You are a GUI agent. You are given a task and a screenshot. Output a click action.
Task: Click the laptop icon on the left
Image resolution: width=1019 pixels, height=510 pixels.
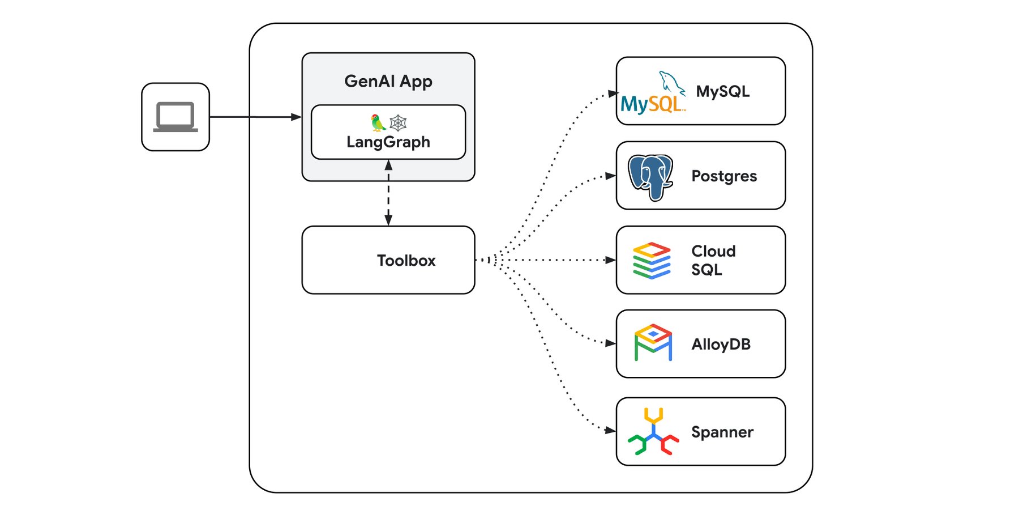[175, 117]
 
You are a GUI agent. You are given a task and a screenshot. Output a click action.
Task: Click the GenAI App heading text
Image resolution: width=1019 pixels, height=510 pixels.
[388, 81]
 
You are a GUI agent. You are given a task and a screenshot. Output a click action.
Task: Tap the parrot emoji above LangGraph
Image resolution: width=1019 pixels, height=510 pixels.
[378, 122]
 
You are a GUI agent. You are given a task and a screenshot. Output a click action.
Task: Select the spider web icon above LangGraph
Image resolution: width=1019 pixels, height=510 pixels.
[399, 122]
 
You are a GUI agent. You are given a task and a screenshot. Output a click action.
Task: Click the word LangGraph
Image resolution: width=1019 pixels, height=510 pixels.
[388, 142]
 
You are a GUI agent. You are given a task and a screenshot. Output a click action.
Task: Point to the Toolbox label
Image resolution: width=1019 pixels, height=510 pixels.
[406, 260]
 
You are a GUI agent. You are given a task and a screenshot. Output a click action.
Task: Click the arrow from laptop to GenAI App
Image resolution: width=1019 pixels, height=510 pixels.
[255, 117]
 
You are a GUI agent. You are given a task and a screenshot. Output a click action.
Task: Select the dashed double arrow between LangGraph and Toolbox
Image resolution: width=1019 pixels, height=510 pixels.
[388, 193]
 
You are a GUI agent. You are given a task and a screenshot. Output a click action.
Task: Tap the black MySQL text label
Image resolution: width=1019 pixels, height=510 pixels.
[722, 91]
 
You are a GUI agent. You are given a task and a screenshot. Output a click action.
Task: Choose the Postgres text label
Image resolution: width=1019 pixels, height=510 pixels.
[724, 176]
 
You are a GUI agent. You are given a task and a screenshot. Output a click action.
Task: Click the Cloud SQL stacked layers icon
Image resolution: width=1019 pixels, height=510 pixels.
[652, 261]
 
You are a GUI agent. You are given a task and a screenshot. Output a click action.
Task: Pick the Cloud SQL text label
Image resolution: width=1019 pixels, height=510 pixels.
[713, 260]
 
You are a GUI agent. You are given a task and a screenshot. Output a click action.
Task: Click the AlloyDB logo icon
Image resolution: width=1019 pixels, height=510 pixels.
[653, 343]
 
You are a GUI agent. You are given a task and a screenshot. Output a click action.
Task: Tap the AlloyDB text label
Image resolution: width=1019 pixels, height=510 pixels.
[721, 344]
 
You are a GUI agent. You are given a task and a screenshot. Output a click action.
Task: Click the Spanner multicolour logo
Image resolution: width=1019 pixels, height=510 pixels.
[653, 432]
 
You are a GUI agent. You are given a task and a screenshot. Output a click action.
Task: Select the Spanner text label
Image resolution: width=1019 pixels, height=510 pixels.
[722, 432]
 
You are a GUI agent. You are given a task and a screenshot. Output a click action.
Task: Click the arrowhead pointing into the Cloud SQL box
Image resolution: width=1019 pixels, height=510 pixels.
[610, 260]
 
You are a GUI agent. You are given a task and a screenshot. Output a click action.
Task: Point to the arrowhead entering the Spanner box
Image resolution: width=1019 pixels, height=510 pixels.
[610, 431]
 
